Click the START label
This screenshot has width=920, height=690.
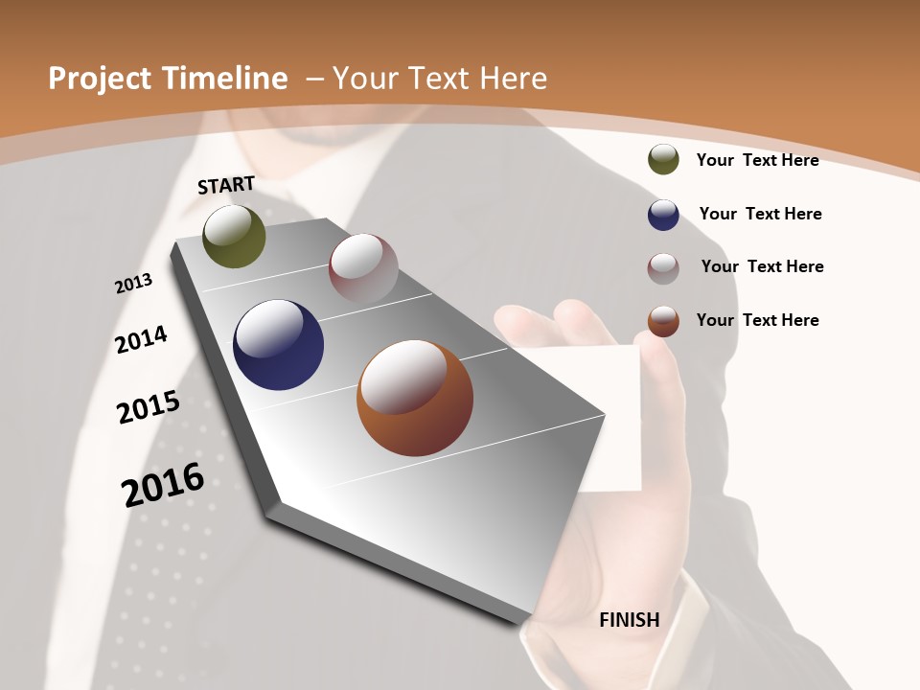click(226, 185)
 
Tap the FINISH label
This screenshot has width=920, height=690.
click(629, 620)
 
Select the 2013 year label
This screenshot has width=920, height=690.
click(134, 283)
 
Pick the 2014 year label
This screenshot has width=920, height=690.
click(141, 339)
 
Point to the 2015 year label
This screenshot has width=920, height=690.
click(149, 407)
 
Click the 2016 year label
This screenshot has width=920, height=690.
click(163, 485)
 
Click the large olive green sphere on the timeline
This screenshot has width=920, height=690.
click(234, 236)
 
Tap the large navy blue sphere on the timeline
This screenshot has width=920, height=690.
click(278, 345)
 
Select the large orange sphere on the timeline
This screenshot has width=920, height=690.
click(414, 398)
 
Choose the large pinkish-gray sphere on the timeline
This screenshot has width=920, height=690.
click(363, 267)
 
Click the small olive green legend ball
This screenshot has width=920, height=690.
click(663, 160)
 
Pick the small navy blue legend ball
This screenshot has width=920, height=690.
click(663, 215)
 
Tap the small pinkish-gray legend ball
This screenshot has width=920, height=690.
click(663, 268)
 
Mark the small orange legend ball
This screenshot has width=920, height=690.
click(663, 321)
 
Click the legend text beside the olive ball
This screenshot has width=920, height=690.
click(757, 160)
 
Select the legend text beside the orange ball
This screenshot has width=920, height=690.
click(757, 320)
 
